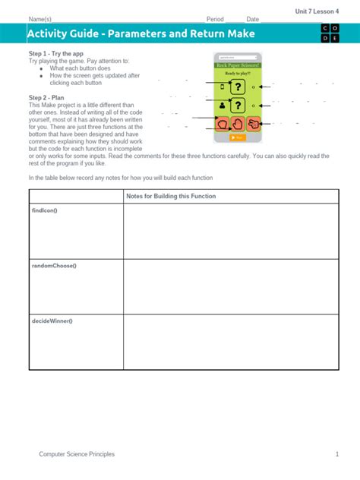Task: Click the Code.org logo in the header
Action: (x=330, y=33)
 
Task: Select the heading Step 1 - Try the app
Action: (x=56, y=54)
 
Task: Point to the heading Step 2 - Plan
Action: (x=48, y=98)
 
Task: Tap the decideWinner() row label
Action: (x=52, y=321)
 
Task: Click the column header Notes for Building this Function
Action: (x=171, y=196)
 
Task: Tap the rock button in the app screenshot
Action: (x=223, y=124)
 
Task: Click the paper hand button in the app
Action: (x=238, y=124)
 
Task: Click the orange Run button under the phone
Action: (x=238, y=137)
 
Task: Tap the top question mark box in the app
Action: (x=238, y=87)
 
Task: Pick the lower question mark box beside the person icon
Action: (x=238, y=106)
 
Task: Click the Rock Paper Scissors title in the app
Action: (x=238, y=65)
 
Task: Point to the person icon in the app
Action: (x=223, y=106)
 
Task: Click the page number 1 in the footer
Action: (x=336, y=454)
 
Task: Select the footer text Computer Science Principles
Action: (x=77, y=454)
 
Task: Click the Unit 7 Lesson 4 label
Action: (x=317, y=11)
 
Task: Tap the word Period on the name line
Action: (x=216, y=19)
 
